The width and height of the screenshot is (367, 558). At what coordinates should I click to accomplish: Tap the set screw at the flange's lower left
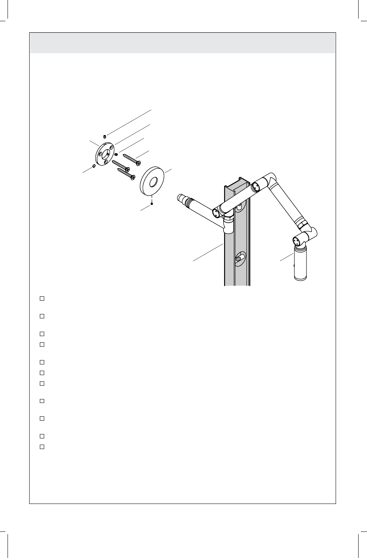(x=94, y=166)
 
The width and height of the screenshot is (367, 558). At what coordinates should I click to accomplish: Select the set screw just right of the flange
(x=116, y=155)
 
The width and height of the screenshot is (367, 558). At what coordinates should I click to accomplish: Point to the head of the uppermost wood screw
(x=138, y=163)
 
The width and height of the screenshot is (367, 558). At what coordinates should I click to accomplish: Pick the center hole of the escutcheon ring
(x=153, y=181)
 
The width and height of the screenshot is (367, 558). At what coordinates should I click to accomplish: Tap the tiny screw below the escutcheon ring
(x=152, y=204)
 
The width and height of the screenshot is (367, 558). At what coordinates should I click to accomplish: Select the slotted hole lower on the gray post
(x=241, y=257)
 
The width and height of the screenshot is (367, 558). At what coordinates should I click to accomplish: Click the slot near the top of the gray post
(x=239, y=206)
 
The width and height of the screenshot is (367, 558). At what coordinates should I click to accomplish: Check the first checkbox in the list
(x=42, y=298)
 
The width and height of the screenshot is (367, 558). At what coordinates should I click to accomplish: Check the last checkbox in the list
(x=42, y=446)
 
